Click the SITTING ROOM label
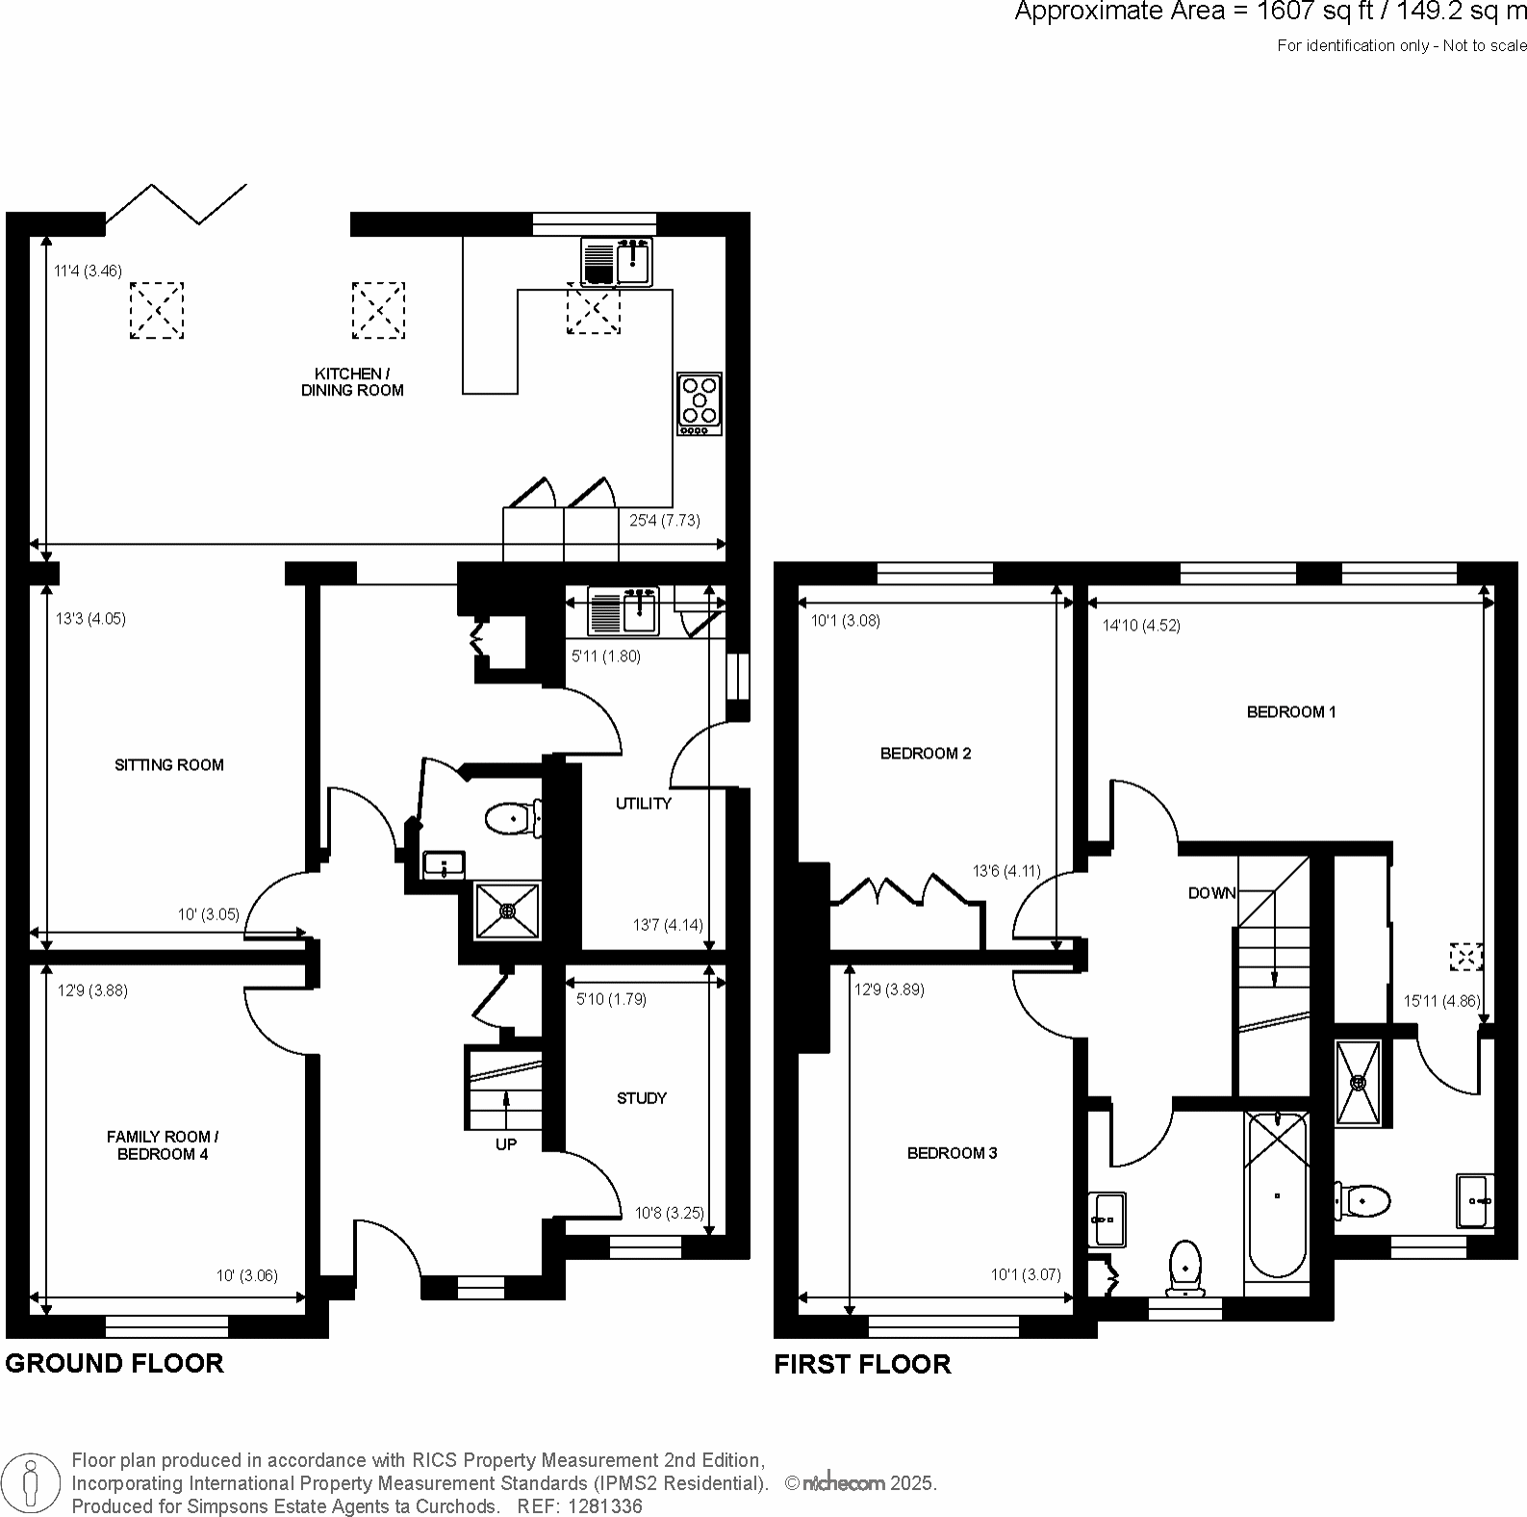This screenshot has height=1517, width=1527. point(168,765)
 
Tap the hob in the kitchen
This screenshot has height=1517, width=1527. point(700,403)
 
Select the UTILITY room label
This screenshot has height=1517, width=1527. point(643,804)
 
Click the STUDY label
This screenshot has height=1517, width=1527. point(642,1098)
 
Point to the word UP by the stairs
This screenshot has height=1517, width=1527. point(506,1144)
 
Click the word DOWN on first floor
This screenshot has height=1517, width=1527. point(1211,893)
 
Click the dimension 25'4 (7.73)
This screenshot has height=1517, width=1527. point(664,521)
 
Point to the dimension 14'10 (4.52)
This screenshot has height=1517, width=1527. point(1141,626)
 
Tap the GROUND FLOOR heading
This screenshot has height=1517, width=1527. point(115,1363)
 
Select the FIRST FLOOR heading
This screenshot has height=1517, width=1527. point(862,1364)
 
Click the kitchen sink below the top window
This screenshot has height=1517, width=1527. point(617,262)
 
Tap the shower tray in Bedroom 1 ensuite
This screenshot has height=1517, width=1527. point(1359,1082)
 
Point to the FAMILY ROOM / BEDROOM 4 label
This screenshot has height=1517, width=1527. point(163,1145)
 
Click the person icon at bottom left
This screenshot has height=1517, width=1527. point(31,1483)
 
